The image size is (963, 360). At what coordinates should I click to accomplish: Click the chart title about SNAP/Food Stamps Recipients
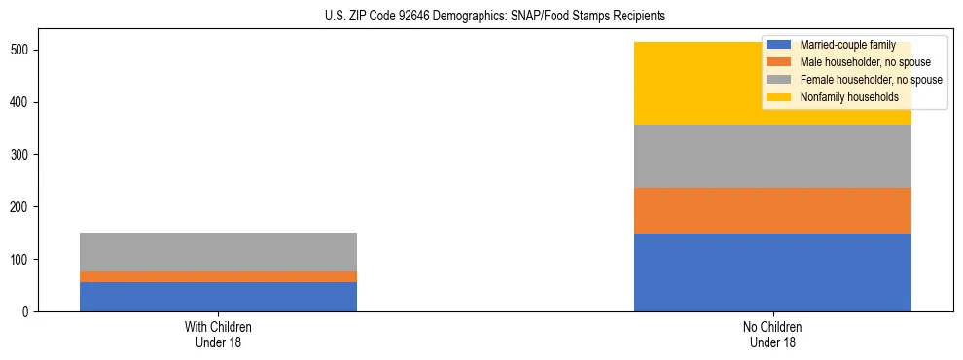coord(495,17)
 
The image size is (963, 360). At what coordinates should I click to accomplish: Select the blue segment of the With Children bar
coord(218,297)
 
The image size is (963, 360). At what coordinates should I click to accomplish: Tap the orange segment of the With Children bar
coord(218,276)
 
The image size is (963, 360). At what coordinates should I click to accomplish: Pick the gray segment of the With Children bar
coord(218,252)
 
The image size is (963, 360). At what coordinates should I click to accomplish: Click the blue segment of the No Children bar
coord(772,272)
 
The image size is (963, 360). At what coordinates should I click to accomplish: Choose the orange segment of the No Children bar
coord(772,210)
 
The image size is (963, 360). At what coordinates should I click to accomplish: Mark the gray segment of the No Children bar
coord(772,156)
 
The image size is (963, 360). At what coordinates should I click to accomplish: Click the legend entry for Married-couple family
coord(847,45)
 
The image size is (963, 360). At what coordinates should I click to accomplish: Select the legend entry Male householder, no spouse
coord(865,62)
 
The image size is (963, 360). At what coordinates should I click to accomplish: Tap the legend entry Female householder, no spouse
coord(871,80)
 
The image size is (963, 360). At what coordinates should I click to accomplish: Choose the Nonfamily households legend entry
coord(849,97)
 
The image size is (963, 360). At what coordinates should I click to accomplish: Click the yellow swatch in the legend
coord(780,97)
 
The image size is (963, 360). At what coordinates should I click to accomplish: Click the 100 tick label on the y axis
coord(26,260)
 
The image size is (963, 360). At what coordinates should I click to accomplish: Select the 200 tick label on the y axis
coord(26,207)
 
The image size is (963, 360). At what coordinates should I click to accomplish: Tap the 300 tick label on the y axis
coord(26,155)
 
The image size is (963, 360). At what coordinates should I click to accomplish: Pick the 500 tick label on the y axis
coord(26,50)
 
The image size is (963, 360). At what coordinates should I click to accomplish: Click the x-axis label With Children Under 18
coord(218,334)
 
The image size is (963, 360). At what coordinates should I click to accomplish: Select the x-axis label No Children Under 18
coord(772,334)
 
